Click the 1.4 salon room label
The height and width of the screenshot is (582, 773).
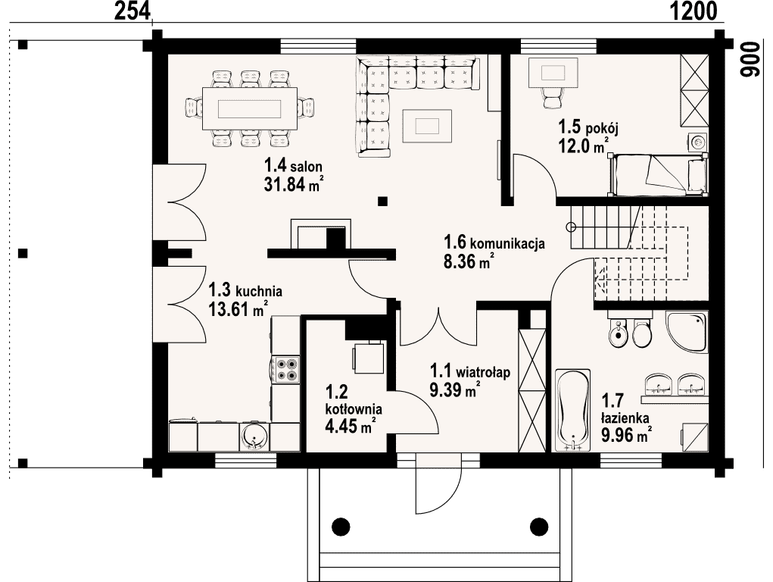point(293,164)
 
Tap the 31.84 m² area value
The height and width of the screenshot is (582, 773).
point(294,183)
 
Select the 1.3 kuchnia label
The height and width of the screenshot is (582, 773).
point(245,289)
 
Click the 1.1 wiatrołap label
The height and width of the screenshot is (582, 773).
point(470,371)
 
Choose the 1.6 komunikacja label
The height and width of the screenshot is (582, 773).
point(494,242)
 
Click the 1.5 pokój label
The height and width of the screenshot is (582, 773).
point(588,127)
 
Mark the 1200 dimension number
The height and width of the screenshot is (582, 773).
point(694,11)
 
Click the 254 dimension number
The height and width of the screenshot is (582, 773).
point(132,11)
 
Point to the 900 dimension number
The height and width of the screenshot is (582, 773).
point(749,59)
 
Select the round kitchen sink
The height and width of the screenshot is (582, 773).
point(254,436)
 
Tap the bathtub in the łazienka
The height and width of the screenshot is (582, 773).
point(572,410)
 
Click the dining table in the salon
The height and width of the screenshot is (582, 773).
point(250,108)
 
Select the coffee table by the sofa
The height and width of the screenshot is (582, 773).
point(427,125)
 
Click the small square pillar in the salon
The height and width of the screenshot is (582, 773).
point(382,201)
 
